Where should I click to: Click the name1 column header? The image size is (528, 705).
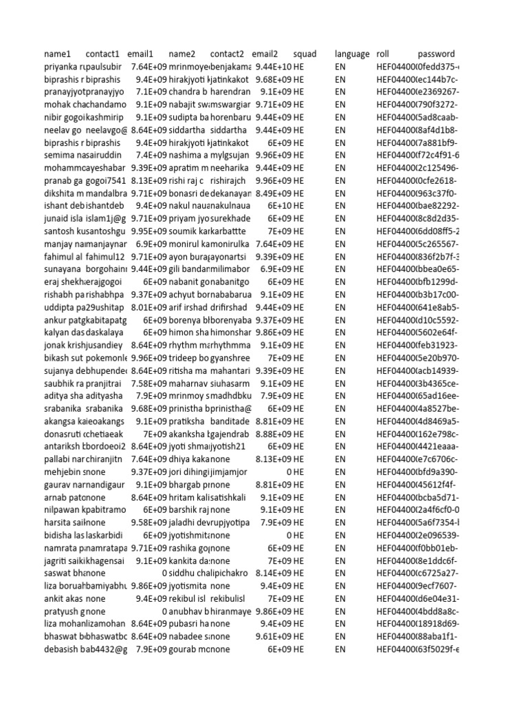pos(58,54)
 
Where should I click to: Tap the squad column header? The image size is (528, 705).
pos(305,54)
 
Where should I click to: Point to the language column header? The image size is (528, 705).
pos(352,54)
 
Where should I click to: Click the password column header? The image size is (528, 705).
pos(436,54)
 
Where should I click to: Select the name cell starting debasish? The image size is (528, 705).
pos(65,649)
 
